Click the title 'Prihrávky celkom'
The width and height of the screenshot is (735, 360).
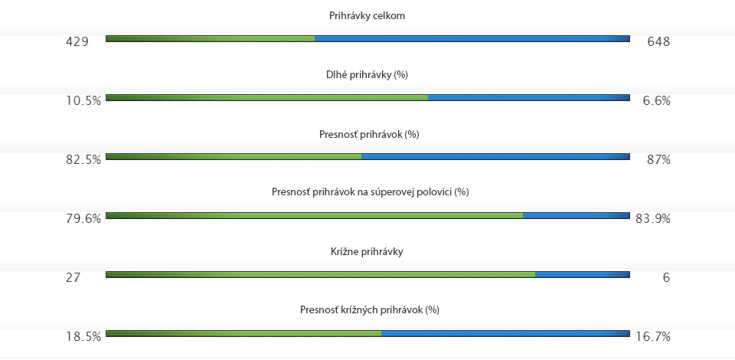[x=367, y=15]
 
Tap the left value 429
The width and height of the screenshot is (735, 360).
[x=77, y=41]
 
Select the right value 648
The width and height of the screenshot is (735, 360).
[x=658, y=41]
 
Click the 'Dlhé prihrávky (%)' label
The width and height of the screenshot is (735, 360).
[x=367, y=75]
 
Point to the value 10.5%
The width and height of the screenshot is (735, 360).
[x=83, y=100]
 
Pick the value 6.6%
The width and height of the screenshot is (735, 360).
[x=656, y=100]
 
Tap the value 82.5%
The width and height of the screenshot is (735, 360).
[x=83, y=159]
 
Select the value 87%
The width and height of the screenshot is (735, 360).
[x=658, y=159]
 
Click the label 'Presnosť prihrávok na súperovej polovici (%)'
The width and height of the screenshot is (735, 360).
[x=370, y=191]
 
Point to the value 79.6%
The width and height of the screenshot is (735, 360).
[x=83, y=218]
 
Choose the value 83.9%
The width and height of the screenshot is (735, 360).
[x=653, y=218]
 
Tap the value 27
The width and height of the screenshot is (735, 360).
[x=73, y=277]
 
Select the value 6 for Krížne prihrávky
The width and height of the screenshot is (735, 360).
[x=666, y=277]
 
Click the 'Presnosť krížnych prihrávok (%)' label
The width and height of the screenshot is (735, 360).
[x=369, y=309]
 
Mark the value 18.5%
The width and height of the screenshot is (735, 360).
[x=83, y=336]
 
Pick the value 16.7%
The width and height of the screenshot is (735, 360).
[x=653, y=336]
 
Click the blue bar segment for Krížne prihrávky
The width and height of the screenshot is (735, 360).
[x=582, y=273]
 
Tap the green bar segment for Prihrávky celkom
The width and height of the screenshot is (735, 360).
[x=210, y=38]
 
